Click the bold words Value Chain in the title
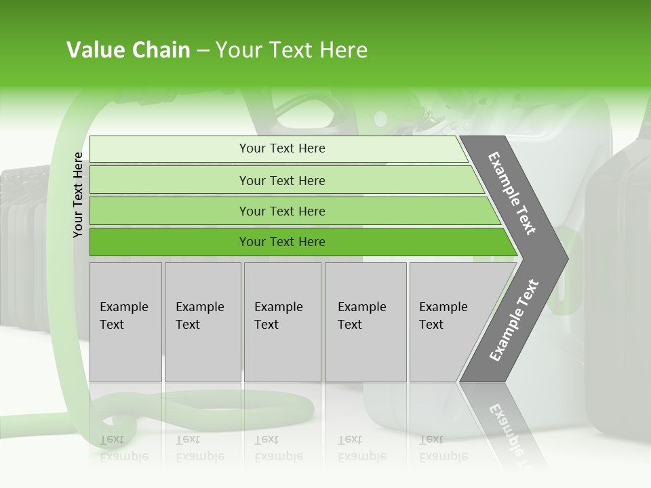(x=128, y=50)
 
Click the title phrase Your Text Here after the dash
(x=292, y=50)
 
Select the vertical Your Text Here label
(x=78, y=195)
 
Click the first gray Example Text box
(x=125, y=322)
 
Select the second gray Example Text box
(x=203, y=322)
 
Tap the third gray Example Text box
(x=282, y=322)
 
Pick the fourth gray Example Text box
(x=366, y=322)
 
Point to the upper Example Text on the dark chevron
(x=512, y=194)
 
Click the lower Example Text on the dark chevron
(x=513, y=321)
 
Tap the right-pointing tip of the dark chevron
(x=563, y=258)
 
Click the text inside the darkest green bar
(x=282, y=242)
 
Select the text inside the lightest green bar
(x=282, y=148)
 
